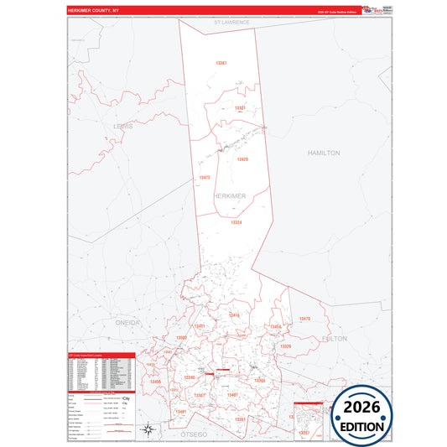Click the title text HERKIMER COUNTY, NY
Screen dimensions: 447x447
pos(100,11)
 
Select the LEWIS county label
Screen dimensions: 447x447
pos(122,126)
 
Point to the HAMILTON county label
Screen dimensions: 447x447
pos(324,153)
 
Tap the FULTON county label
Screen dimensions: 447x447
pos(334,338)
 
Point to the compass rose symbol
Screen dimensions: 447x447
pos(148,430)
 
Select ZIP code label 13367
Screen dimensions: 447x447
pos(221,64)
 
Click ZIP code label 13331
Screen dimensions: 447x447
pos(240,108)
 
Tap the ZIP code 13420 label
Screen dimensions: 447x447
pos(242,159)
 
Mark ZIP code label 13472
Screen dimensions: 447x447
pos(205,178)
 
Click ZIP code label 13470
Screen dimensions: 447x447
pos(304,319)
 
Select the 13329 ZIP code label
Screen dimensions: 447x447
pos(285,346)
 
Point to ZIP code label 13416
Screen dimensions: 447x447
pos(234,315)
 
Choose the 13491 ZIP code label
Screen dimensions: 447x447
pos(181,413)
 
